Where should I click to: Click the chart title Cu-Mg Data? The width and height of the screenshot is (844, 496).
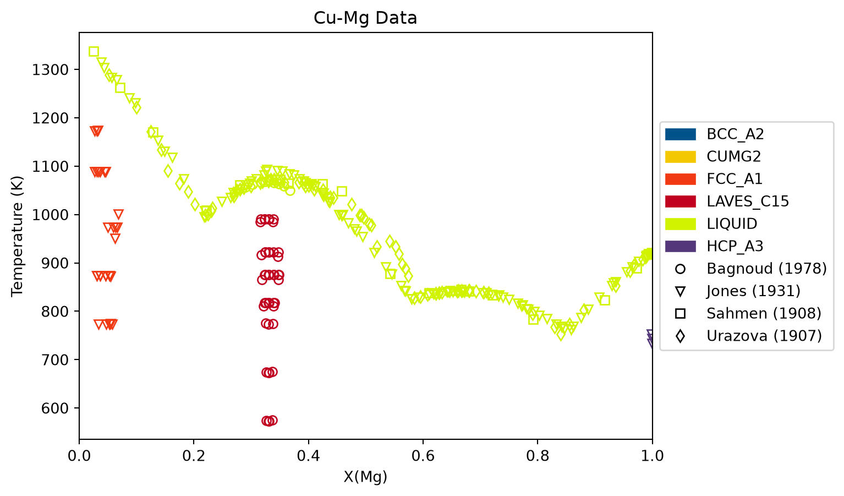click(x=365, y=18)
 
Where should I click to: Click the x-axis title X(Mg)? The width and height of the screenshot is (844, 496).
click(x=365, y=477)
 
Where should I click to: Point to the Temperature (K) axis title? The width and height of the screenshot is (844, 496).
click(x=17, y=236)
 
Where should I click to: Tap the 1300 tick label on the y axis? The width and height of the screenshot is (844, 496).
click(x=50, y=70)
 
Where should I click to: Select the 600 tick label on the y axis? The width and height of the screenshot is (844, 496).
click(x=54, y=408)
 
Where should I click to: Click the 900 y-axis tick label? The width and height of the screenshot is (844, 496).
click(x=54, y=264)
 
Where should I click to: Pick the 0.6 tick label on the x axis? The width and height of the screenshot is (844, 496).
click(x=423, y=456)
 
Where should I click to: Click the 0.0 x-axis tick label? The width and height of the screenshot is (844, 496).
click(x=79, y=456)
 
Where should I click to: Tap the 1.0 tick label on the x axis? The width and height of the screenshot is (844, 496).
click(x=652, y=456)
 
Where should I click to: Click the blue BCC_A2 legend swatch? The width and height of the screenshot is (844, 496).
click(x=680, y=134)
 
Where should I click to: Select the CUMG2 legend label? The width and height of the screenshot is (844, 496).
click(x=733, y=156)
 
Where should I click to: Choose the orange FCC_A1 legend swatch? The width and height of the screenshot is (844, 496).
click(x=680, y=179)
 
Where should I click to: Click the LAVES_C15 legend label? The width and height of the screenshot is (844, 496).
click(x=748, y=201)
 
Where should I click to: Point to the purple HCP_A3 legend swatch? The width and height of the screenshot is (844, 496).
click(x=680, y=246)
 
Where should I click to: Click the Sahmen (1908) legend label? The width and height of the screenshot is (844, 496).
click(x=764, y=313)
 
